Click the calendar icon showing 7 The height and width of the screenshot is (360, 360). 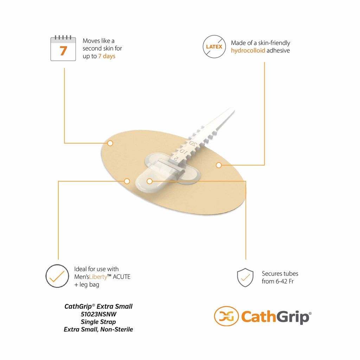pyautogui.click(x=63, y=48)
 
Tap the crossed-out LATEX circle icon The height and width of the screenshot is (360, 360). pyautogui.click(x=214, y=47)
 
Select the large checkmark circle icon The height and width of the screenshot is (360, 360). pyautogui.click(x=57, y=276)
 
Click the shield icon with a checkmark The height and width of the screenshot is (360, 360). pyautogui.click(x=245, y=277)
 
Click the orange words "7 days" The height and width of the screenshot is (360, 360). pyautogui.click(x=107, y=56)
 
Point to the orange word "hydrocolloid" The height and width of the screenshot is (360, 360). pyautogui.click(x=248, y=51)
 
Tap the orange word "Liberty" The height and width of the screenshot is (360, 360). pyautogui.click(x=98, y=277)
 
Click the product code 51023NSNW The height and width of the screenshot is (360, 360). pyautogui.click(x=98, y=314)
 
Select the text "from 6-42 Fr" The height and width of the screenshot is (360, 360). pyautogui.click(x=278, y=281)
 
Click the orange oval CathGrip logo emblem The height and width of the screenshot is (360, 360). pyautogui.click(x=226, y=316)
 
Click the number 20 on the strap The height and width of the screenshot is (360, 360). pyautogui.click(x=193, y=144)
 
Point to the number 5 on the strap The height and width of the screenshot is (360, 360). pyautogui.click(x=176, y=159)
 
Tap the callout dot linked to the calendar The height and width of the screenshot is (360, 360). pyautogui.click(x=110, y=143)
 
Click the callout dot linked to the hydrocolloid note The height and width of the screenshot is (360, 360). pyautogui.click(x=219, y=165)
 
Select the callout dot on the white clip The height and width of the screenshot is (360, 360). pyautogui.click(x=149, y=181)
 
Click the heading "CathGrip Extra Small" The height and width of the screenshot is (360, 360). pyautogui.click(x=98, y=307)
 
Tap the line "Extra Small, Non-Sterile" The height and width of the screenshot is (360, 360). pyautogui.click(x=98, y=329)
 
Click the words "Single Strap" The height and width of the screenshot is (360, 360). pyautogui.click(x=98, y=322)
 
